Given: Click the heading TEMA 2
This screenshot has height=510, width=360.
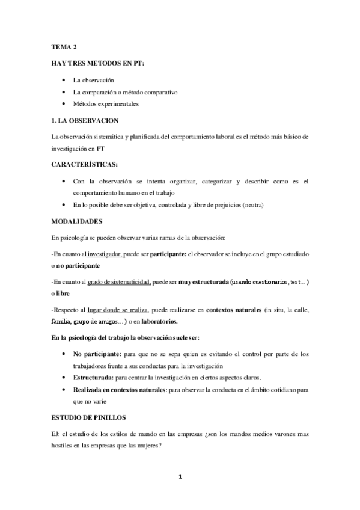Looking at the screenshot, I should pyautogui.click(x=62, y=46).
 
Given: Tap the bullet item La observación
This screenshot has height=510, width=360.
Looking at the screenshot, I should pyautogui.click(x=93, y=80).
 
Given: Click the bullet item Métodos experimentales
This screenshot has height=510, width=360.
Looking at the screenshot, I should pyautogui.click(x=106, y=103).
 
